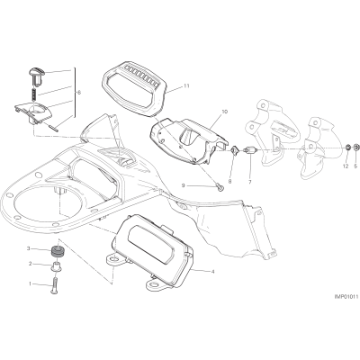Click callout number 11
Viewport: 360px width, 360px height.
click(x=186, y=86)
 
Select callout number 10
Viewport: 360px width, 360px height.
click(x=225, y=112)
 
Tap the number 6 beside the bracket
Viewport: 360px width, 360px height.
click(x=79, y=93)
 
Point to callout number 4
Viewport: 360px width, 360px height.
click(x=212, y=272)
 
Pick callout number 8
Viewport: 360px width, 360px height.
click(x=230, y=181)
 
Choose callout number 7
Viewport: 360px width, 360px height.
click(x=250, y=182)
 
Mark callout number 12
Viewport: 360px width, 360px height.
click(x=346, y=166)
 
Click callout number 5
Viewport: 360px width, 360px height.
click(x=355, y=166)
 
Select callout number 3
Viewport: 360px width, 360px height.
click(x=29, y=248)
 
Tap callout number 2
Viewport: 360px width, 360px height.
click(x=30, y=264)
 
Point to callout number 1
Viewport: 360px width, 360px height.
click(x=30, y=283)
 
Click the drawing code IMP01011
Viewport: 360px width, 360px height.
click(x=346, y=306)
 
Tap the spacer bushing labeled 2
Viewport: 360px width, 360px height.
click(x=57, y=266)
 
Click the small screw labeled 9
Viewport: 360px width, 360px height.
click(x=219, y=187)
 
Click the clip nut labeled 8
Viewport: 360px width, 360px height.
click(x=234, y=149)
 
